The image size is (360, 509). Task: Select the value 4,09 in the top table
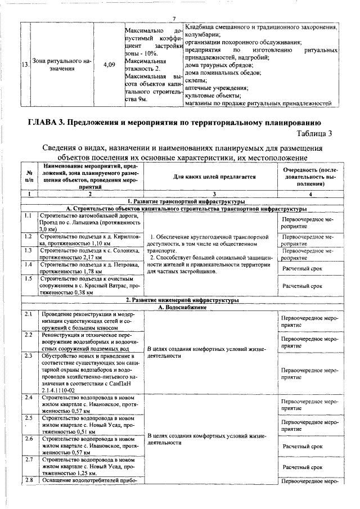pyautogui.click(x=110, y=65)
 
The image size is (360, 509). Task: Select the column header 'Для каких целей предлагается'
pyautogui.click(x=209, y=177)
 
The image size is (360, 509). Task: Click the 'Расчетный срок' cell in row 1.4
pyautogui.click(x=303, y=268)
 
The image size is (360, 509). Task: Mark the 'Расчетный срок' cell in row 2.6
pyautogui.click(x=303, y=446)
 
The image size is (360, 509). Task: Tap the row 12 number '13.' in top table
pyautogui.click(x=25, y=65)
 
